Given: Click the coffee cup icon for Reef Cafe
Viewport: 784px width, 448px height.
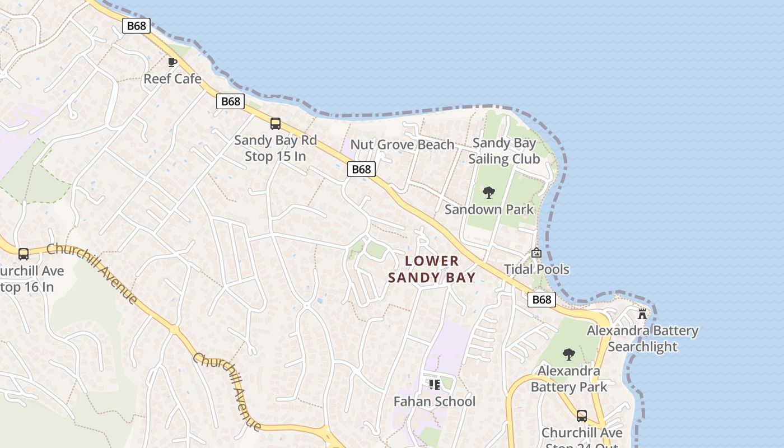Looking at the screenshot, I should tap(172, 62).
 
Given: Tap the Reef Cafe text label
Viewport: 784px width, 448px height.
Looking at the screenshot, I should tap(172, 79).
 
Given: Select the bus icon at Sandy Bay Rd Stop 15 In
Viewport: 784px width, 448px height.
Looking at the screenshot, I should tap(276, 124).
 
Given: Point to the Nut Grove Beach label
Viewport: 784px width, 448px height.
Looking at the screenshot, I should tap(402, 145).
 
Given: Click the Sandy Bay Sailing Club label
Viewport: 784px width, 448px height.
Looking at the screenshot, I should tap(504, 151).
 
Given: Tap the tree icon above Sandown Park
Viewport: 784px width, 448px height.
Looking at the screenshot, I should tap(489, 193).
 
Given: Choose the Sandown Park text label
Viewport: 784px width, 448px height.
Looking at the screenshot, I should tap(489, 209).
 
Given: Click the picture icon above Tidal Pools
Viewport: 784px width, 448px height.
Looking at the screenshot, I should tap(536, 253).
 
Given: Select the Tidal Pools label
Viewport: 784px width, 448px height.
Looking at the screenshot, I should tap(536, 269).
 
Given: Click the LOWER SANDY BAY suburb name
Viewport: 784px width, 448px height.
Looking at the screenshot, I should tap(432, 269).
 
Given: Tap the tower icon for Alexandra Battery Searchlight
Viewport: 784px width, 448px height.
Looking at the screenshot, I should tap(642, 314).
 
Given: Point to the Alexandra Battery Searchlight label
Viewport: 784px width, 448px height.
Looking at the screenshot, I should tap(642, 339).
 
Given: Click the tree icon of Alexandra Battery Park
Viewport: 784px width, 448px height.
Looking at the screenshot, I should tap(569, 354).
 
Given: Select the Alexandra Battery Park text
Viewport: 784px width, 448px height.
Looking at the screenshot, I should tap(569, 379).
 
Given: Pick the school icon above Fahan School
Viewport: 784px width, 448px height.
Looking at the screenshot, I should tap(435, 385).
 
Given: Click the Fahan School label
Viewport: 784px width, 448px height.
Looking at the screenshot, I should tap(435, 402).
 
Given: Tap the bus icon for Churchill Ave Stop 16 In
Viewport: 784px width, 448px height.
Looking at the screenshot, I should tap(24, 254).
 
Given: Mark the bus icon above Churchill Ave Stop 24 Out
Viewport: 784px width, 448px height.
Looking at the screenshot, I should tap(582, 416).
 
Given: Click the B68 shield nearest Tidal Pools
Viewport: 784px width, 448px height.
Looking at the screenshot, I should tap(542, 300).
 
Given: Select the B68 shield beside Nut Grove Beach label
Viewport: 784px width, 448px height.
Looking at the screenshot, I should tap(361, 169).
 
